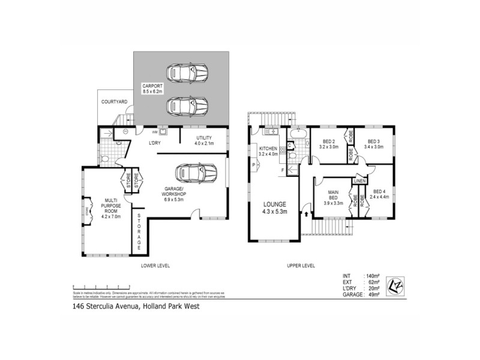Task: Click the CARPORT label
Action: point(152,88)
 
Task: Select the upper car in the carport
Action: point(187,73)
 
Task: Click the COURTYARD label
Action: point(113,103)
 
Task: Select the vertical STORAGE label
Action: point(139,231)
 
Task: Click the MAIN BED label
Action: point(332,196)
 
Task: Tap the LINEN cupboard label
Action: point(359,181)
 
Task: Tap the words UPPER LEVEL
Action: point(301,266)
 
